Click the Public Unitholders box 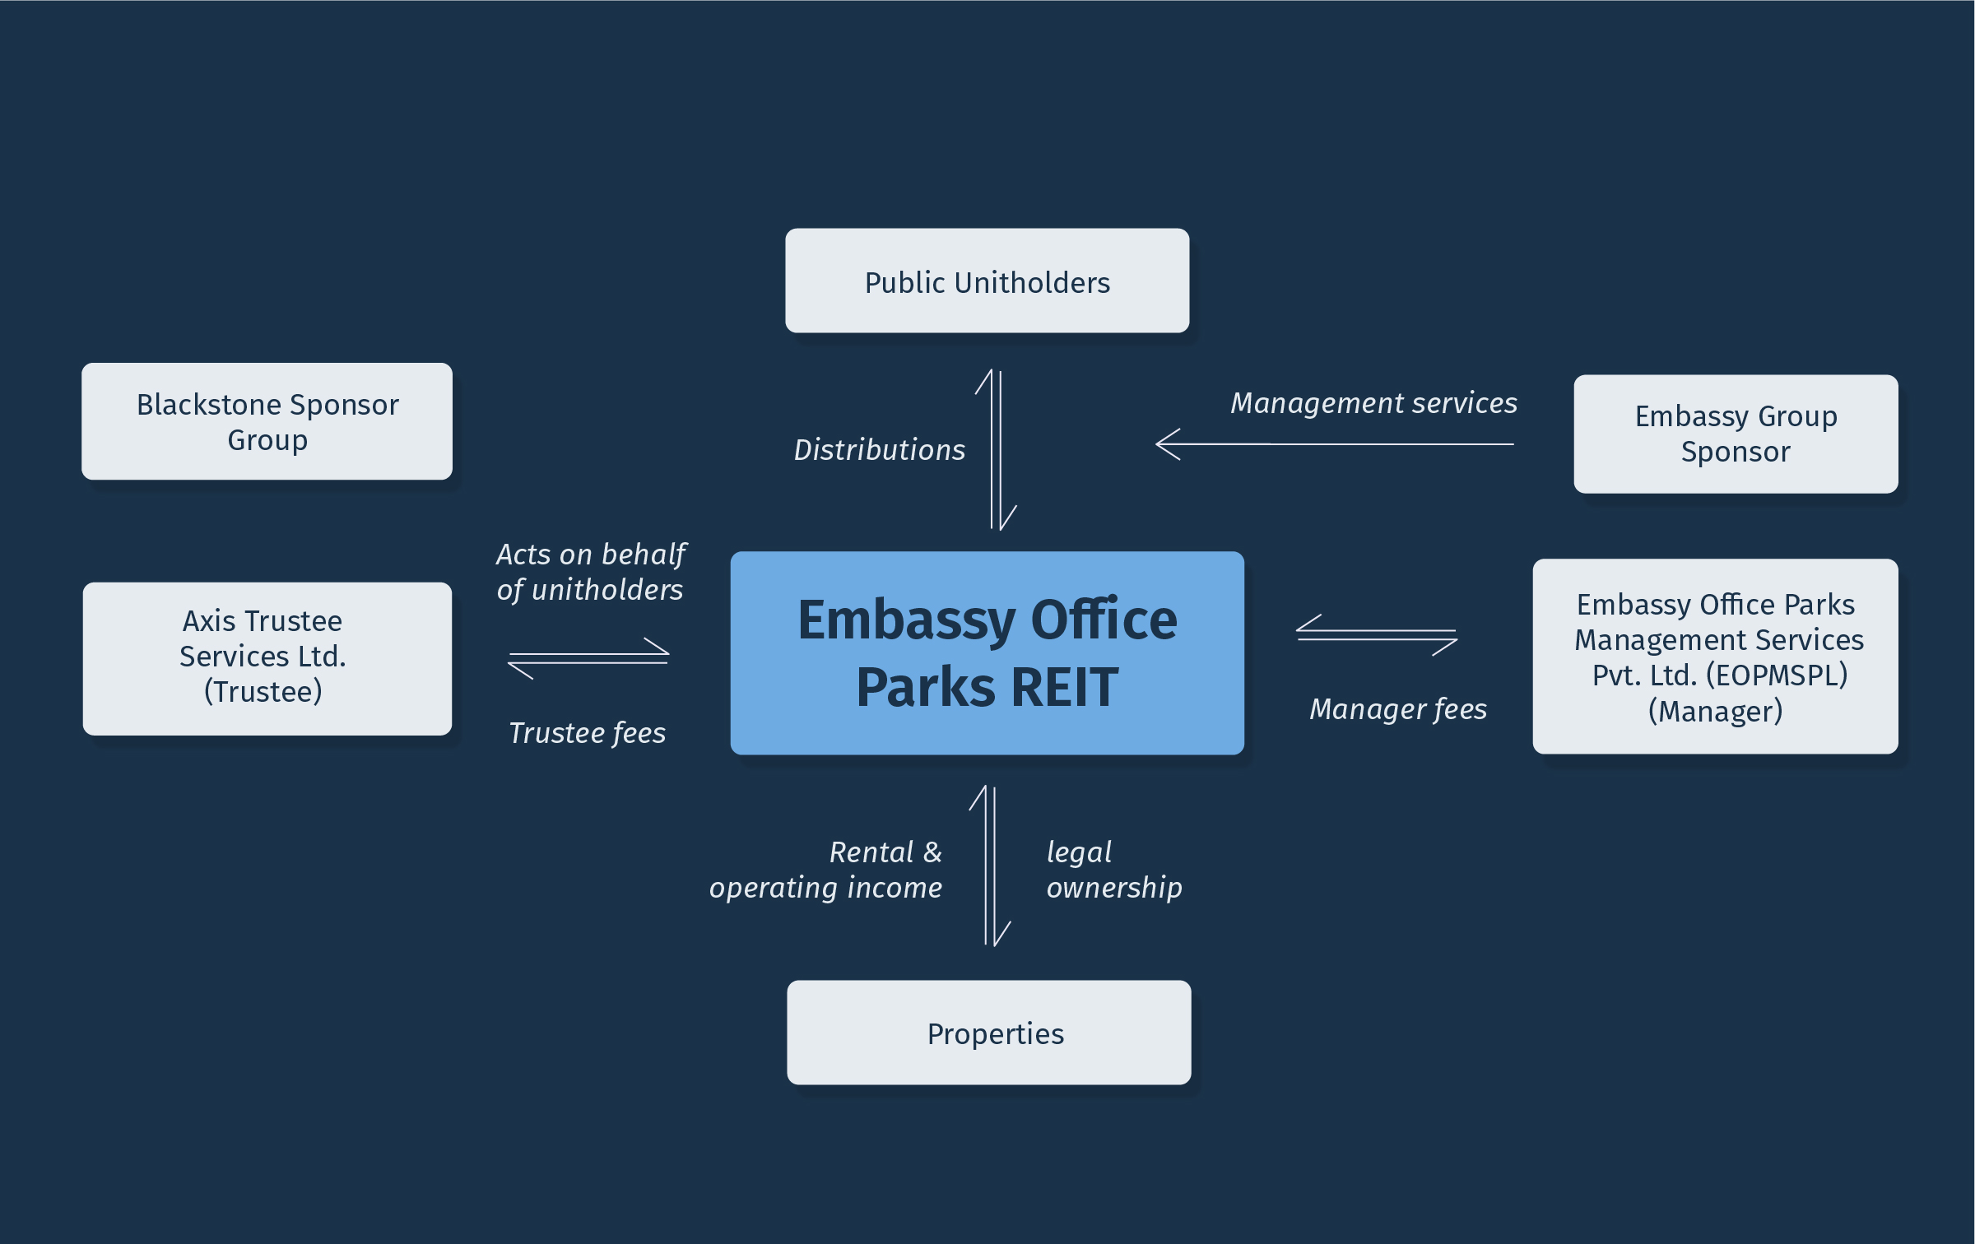pyautogui.click(x=987, y=281)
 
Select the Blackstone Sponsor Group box pyautogui.click(x=267, y=421)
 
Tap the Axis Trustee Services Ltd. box pyautogui.click(x=267, y=658)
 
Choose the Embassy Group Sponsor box pyautogui.click(x=1736, y=434)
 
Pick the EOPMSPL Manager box pyautogui.click(x=1715, y=657)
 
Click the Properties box pyautogui.click(x=988, y=1033)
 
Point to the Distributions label pyautogui.click(x=879, y=450)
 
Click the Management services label pyautogui.click(x=1373, y=403)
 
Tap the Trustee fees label pyautogui.click(x=587, y=733)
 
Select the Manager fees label pyautogui.click(x=1398, y=709)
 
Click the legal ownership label pyautogui.click(x=1113, y=870)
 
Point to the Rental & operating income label pyautogui.click(x=825, y=870)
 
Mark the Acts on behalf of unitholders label pyautogui.click(x=590, y=572)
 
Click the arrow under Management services pyautogui.click(x=1334, y=444)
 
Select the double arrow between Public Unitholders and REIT pyautogui.click(x=997, y=450)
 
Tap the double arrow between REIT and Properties pyautogui.click(x=990, y=866)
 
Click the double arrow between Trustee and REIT pyautogui.click(x=588, y=658)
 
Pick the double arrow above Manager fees pyautogui.click(x=1377, y=635)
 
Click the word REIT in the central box pyautogui.click(x=1064, y=688)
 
